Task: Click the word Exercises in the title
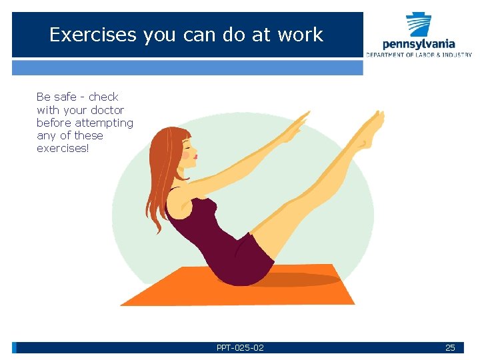tap(93, 35)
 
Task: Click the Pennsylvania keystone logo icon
tap(419, 25)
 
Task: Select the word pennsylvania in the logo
tap(419, 45)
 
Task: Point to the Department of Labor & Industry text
tap(419, 55)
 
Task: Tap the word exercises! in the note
tap(63, 148)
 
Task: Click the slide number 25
tap(450, 347)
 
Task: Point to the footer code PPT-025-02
tap(240, 347)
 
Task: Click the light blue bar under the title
tap(187, 67)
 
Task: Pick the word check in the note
tap(103, 97)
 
